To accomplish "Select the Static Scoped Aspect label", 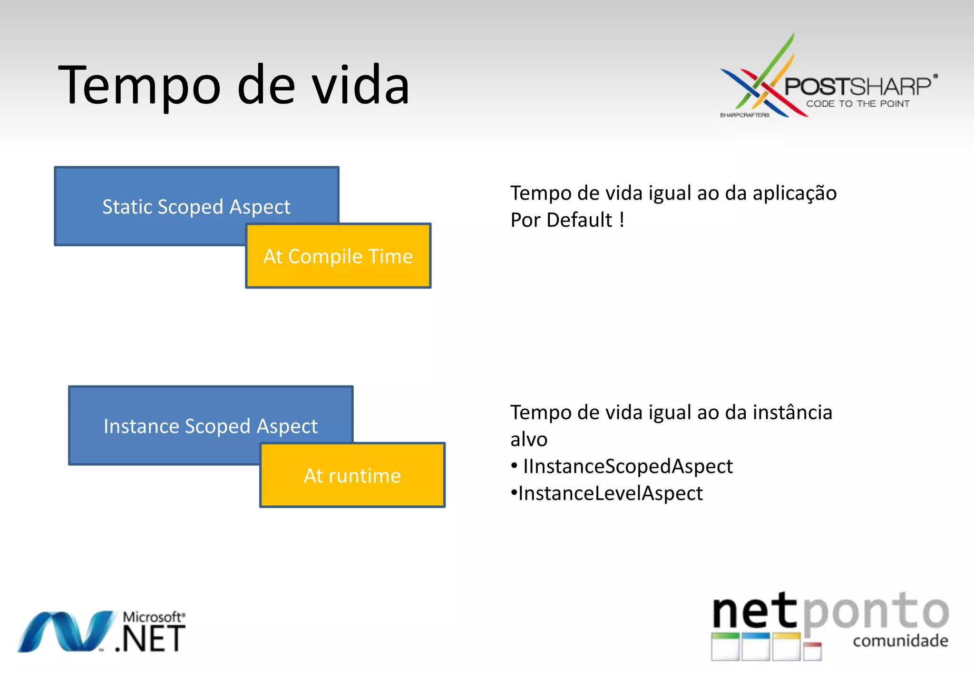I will pos(196,207).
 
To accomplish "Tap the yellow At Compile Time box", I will pos(338,257).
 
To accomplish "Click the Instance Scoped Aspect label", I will pos(210,426).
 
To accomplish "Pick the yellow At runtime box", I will pos(352,476).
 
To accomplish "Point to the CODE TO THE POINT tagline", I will pos(857,104).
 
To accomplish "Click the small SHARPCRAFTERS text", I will pos(744,116).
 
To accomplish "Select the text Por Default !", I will pos(567,221).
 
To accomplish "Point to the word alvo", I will pos(528,440).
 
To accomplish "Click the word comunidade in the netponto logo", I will pos(900,641).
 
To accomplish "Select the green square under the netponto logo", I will pos(725,646).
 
